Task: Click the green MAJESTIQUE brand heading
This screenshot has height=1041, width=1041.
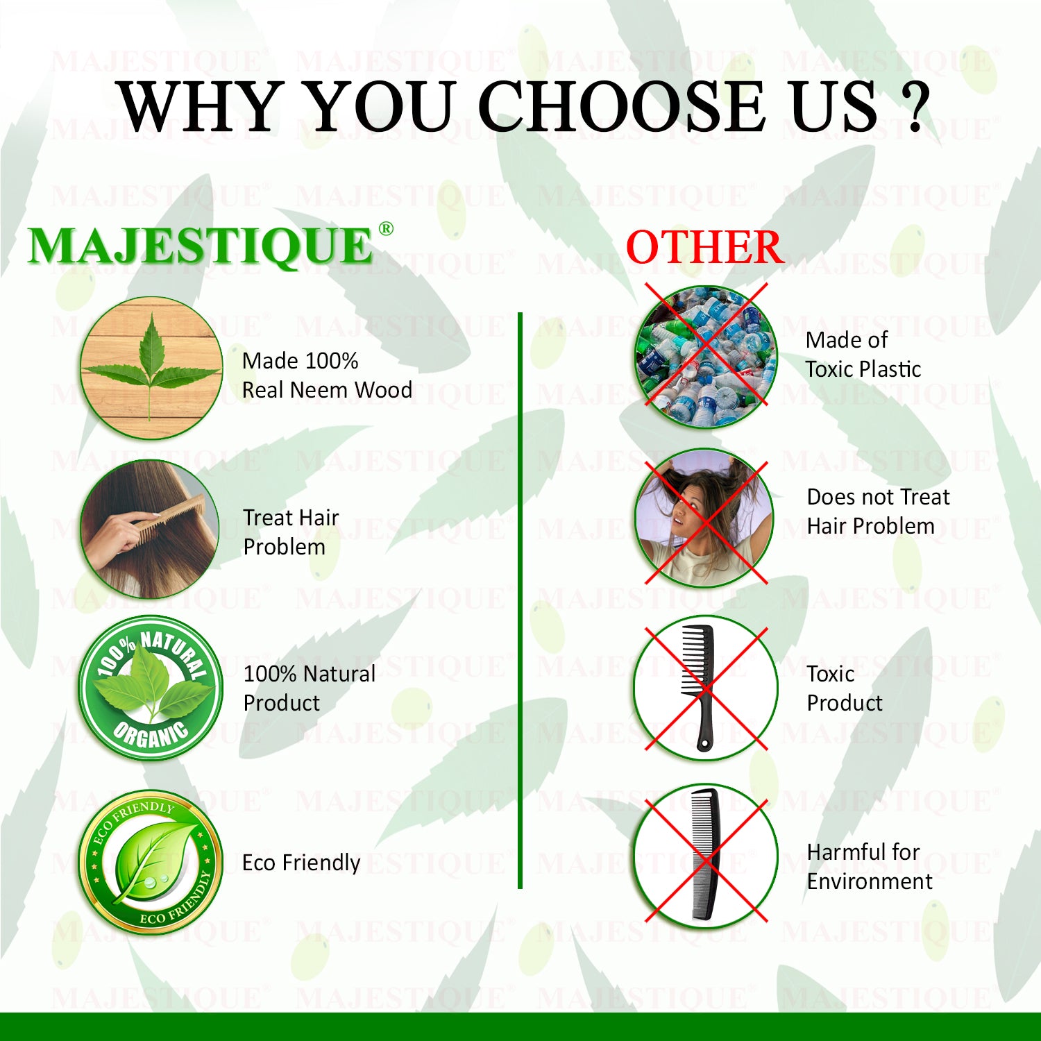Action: click(201, 246)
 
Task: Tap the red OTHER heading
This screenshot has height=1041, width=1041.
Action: click(704, 248)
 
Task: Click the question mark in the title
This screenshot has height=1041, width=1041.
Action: click(915, 107)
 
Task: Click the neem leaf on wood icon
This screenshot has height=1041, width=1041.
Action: click(151, 368)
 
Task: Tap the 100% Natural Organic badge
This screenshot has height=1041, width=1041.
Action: click(151, 687)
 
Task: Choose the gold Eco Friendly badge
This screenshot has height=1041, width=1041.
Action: click(151, 863)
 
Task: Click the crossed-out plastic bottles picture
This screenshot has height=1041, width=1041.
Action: click(706, 355)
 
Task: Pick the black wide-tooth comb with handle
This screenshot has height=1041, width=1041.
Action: click(700, 687)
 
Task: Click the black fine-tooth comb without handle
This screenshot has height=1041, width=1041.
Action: click(706, 855)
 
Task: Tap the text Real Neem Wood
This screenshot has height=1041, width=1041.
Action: click(327, 390)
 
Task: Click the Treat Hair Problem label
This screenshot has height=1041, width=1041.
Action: click(291, 532)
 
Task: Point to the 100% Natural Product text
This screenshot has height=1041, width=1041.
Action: click(310, 688)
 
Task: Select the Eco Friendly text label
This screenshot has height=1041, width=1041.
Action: click(301, 863)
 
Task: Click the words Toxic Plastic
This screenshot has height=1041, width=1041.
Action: click(863, 369)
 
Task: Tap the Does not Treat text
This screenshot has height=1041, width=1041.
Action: click(878, 497)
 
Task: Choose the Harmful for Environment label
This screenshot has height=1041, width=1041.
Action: click(870, 866)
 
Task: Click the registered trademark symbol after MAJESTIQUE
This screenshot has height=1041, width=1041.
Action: click(386, 229)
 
